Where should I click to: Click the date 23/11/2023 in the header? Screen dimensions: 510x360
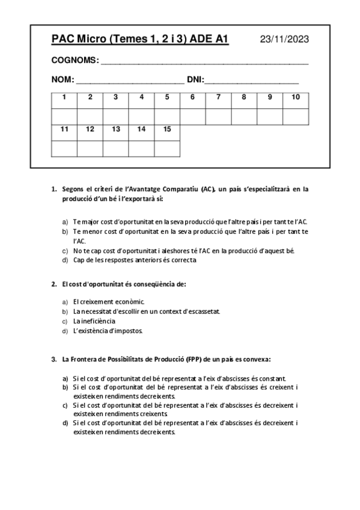[x=284, y=40]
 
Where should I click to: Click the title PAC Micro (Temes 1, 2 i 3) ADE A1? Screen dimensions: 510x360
[x=140, y=40]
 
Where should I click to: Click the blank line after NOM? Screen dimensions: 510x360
[x=130, y=80]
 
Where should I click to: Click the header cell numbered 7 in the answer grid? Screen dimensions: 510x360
[x=218, y=97]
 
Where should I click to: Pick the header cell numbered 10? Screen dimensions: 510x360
[x=296, y=97]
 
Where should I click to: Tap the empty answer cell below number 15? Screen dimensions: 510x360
[x=167, y=148]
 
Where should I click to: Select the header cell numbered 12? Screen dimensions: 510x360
[x=90, y=129]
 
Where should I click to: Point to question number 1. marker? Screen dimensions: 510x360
[x=53, y=189]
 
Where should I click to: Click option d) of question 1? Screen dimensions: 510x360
[x=64, y=260]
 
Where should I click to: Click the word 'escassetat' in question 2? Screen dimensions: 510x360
[x=201, y=311]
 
